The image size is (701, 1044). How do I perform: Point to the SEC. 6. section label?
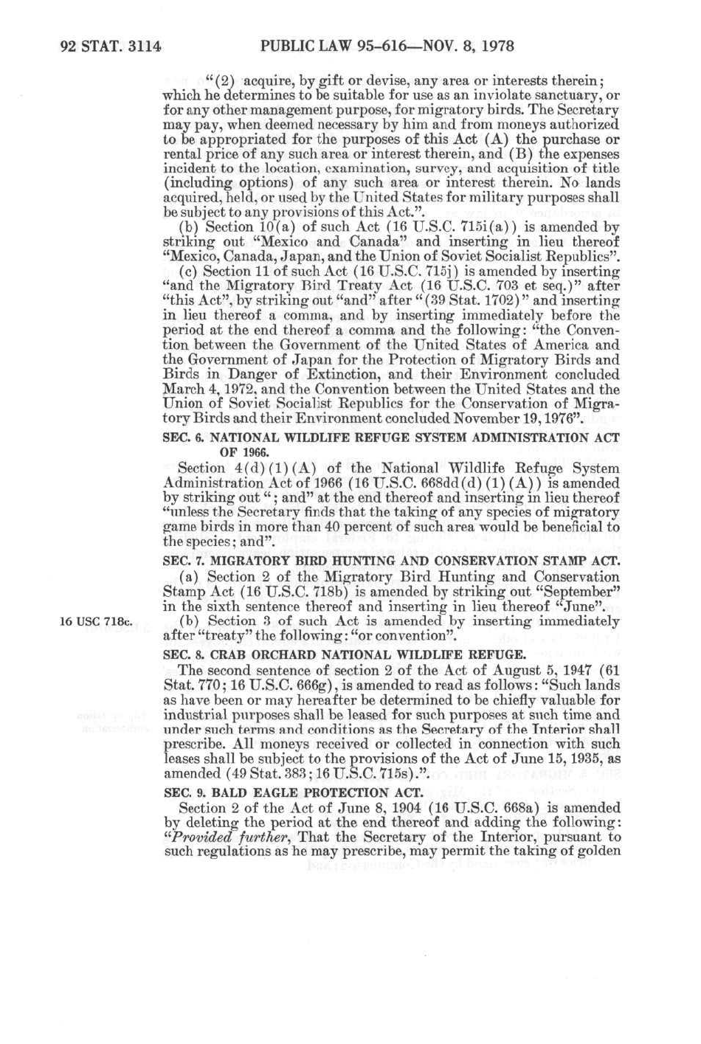pos(181,438)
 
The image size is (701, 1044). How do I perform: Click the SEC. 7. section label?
pos(181,561)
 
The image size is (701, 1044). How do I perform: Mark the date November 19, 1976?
pos(517,420)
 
